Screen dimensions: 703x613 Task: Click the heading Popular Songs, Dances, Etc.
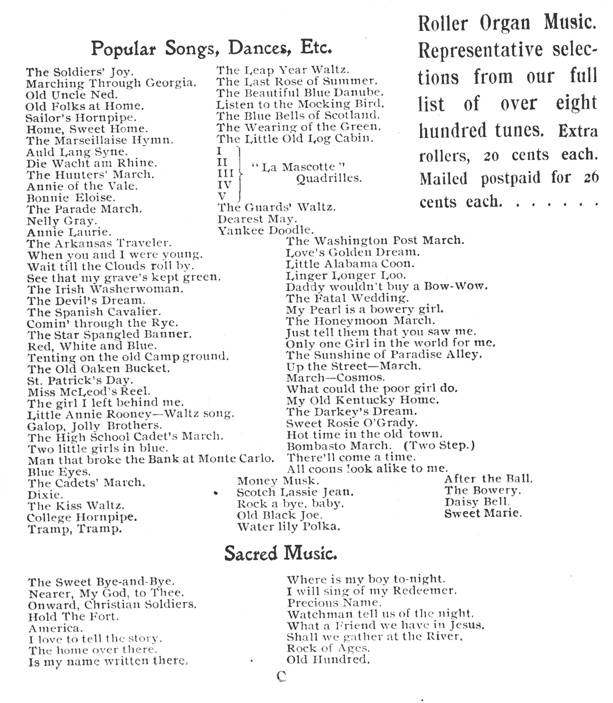(x=212, y=48)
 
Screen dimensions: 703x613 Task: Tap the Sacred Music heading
(x=281, y=554)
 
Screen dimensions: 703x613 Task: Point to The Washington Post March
(x=375, y=241)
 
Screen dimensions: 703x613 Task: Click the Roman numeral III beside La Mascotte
(x=225, y=173)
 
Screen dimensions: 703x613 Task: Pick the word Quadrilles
(x=329, y=178)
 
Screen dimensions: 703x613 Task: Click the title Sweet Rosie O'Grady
(x=351, y=423)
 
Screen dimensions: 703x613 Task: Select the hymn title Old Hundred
(x=328, y=660)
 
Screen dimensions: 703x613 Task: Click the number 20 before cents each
(x=491, y=157)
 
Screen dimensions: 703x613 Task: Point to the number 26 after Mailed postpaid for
(x=591, y=178)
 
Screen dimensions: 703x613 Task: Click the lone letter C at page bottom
(x=282, y=676)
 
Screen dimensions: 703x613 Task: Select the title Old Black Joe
(x=279, y=515)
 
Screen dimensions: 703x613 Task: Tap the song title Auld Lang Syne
(x=77, y=152)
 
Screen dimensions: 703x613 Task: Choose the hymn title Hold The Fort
(x=73, y=616)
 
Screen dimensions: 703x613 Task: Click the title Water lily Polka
(x=288, y=527)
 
